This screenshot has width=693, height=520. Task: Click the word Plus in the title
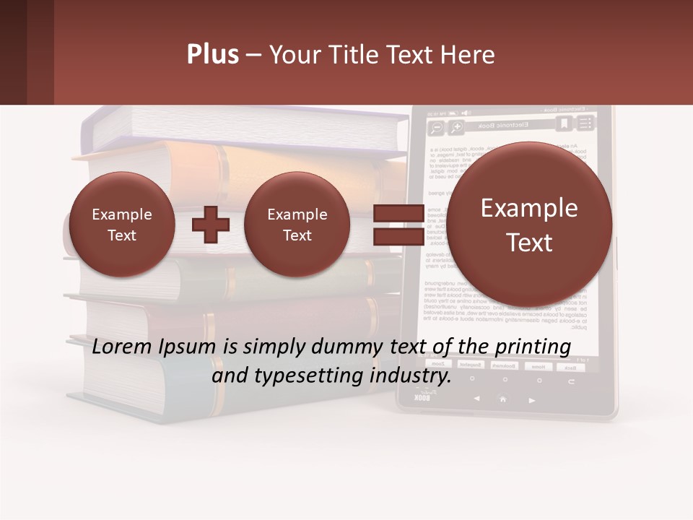click(212, 55)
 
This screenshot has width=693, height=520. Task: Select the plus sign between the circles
click(211, 225)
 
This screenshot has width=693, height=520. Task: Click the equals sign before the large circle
click(398, 225)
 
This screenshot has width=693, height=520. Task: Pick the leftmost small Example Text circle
click(121, 225)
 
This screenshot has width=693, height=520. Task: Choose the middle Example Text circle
click(297, 225)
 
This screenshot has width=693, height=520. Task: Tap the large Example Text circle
click(529, 225)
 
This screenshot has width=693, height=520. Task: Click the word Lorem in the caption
click(121, 347)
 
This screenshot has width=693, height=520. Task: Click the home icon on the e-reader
click(502, 399)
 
